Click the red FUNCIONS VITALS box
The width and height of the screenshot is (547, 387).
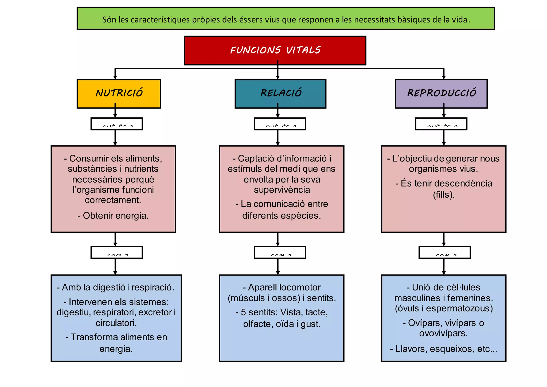click(275, 51)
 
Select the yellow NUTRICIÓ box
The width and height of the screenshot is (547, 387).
click(119, 94)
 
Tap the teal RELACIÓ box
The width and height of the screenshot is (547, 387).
click(280, 94)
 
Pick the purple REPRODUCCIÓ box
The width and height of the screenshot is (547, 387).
click(441, 94)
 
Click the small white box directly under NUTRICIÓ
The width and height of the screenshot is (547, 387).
click(117, 124)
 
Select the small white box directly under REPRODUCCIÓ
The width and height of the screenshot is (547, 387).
click(441, 124)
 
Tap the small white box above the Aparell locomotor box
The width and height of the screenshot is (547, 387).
click(280, 253)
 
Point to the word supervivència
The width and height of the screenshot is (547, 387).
click(282, 190)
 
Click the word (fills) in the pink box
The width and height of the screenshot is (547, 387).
click(444, 195)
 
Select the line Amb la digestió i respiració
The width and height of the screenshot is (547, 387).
click(115, 287)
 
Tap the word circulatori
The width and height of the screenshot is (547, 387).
click(116, 323)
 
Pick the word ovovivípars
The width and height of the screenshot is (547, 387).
click(443, 333)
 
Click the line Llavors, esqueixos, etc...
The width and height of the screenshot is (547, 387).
click(444, 349)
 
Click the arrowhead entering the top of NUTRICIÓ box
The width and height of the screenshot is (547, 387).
click(115, 78)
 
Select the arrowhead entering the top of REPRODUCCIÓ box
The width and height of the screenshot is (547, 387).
click(444, 78)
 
